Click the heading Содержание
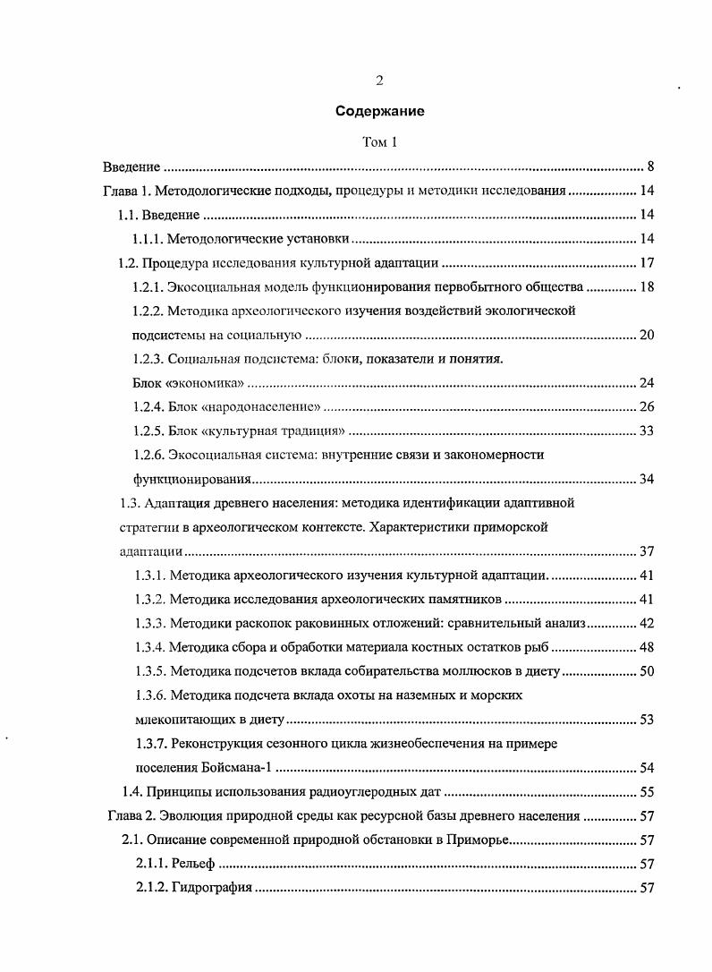pos(379,112)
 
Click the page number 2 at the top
pos(379,81)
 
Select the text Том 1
pos(379,142)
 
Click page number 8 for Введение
pos(651,166)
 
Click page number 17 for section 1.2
pos(648,263)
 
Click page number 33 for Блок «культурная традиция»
pos(648,431)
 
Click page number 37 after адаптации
pos(648,550)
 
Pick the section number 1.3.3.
pos(148,623)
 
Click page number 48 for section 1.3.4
pos(648,647)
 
